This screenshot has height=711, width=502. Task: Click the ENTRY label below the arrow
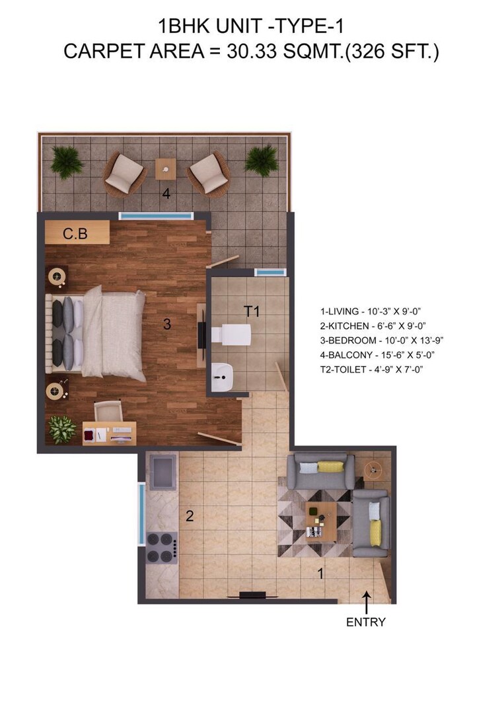[x=366, y=622]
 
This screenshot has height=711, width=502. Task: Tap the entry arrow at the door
[x=367, y=601]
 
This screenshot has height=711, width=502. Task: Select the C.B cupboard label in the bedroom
[x=75, y=234]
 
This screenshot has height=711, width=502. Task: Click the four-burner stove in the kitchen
[x=161, y=546]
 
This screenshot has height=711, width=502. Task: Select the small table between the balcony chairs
[x=165, y=169]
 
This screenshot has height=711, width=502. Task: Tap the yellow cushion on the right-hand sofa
[x=375, y=533]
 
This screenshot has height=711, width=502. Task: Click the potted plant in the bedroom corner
[x=63, y=429]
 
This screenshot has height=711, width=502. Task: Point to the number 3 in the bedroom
[x=168, y=324]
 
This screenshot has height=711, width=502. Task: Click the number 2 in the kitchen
[x=190, y=516]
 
